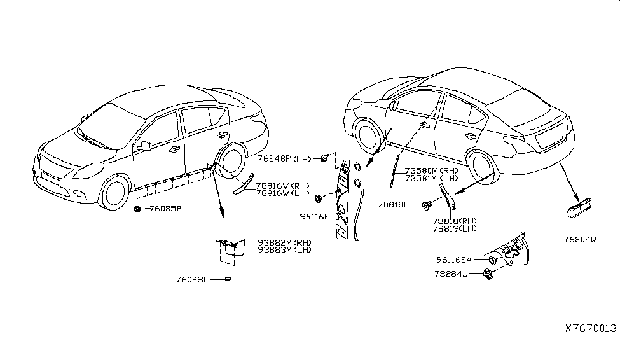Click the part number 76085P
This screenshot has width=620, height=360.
[165, 209]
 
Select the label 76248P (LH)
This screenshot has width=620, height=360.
[285, 158]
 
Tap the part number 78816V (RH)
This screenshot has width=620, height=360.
[283, 186]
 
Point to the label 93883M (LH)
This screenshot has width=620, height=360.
[285, 249]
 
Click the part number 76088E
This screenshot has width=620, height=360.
[192, 280]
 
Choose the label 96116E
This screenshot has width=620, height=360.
[314, 217]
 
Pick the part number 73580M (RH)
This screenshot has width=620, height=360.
[432, 171]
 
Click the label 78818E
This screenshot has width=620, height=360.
[394, 205]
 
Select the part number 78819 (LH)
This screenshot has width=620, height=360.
[455, 228]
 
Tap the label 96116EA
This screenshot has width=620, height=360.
[454, 260]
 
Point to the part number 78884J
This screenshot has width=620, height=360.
[451, 273]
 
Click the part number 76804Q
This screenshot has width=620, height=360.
[580, 239]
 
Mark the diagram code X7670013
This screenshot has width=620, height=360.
[591, 328]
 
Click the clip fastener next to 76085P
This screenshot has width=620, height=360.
[137, 209]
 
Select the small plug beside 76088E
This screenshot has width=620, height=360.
[228, 279]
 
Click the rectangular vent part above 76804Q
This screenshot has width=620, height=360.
[579, 209]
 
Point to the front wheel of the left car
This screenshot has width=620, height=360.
[116, 193]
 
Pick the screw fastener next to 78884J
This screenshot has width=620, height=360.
[488, 273]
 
